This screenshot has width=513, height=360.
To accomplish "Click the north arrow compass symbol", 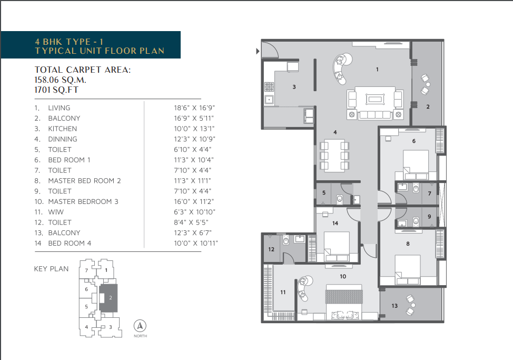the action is (x=140, y=326).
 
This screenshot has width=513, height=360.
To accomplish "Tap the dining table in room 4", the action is (x=334, y=155).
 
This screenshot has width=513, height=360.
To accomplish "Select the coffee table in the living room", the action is (x=375, y=99).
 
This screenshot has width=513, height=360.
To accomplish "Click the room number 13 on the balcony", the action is (x=394, y=306).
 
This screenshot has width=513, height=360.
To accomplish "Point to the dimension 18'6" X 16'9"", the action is (x=194, y=108).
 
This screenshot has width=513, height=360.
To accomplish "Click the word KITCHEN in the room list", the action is (x=63, y=129).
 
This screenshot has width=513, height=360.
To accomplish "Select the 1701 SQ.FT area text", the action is (x=56, y=90).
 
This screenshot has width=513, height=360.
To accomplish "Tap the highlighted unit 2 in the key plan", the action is (x=108, y=298).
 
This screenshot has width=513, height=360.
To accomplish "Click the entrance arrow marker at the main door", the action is (x=258, y=51).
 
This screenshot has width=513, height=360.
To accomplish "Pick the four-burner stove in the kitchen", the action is (x=269, y=87).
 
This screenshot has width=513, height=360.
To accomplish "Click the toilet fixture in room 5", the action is (x=340, y=199).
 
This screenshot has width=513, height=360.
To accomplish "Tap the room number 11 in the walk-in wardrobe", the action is (x=283, y=292).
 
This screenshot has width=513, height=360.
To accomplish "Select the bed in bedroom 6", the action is (x=416, y=164).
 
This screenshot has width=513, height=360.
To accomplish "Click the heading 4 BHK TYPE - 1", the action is (x=69, y=42).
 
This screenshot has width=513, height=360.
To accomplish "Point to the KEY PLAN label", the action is (x=52, y=269).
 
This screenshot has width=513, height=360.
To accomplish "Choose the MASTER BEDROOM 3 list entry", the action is (x=83, y=201).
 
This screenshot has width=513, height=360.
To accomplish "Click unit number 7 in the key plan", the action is (x=86, y=270).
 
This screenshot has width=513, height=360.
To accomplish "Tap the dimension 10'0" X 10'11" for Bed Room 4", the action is (x=195, y=243).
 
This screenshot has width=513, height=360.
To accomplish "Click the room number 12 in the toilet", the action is (x=271, y=249).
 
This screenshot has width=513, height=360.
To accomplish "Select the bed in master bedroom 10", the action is (x=344, y=301).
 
